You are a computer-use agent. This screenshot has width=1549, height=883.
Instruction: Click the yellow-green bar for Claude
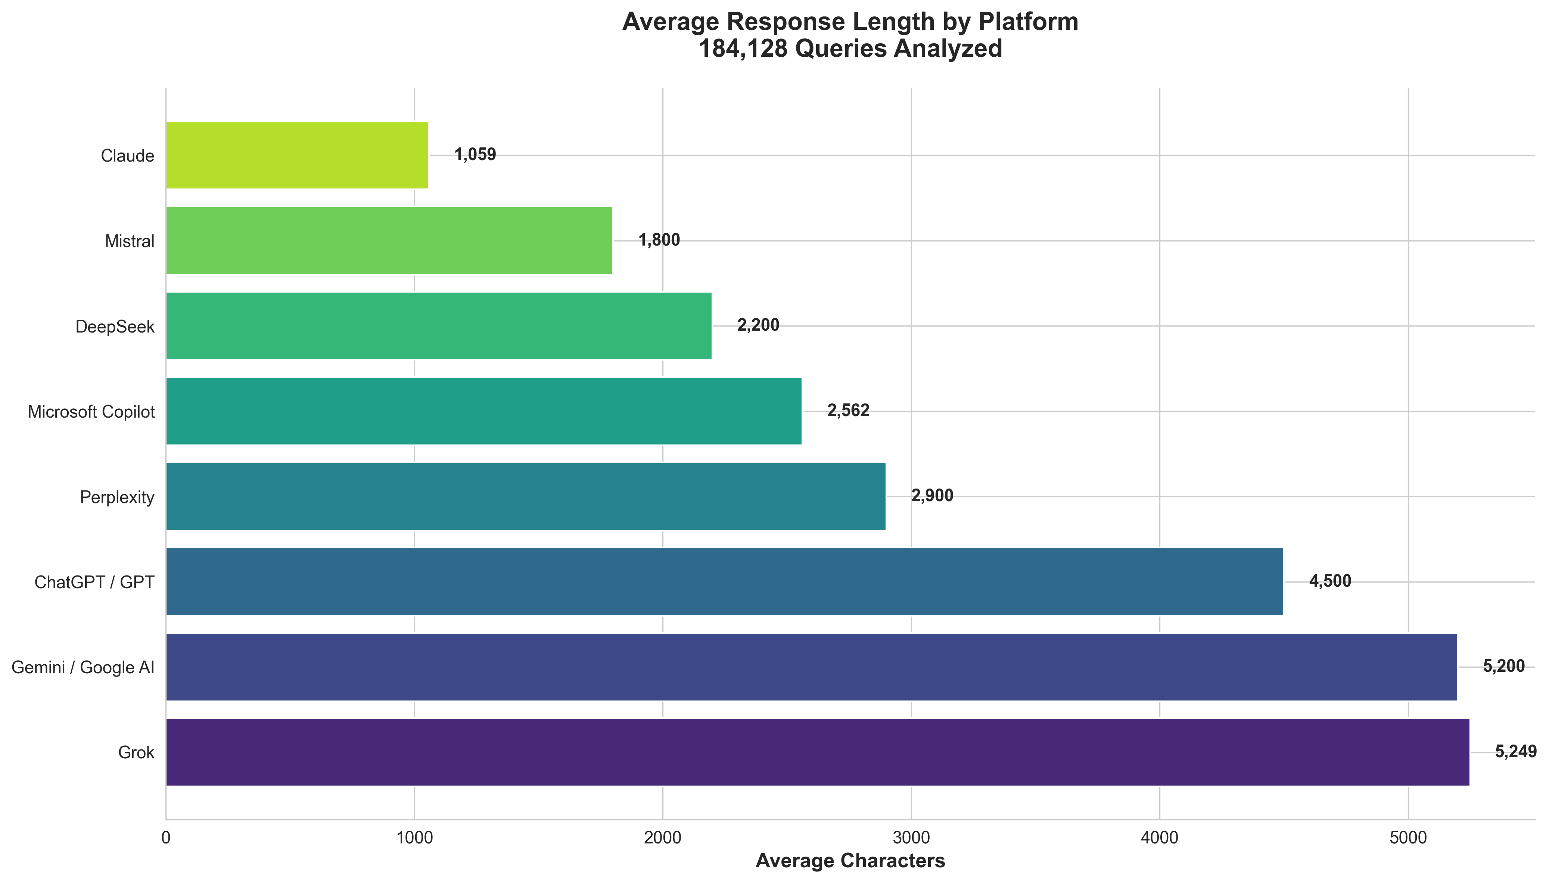pyautogui.click(x=297, y=155)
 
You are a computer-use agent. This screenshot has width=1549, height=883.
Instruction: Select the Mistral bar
pyautogui.click(x=389, y=241)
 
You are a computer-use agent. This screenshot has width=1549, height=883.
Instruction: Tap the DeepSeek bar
pyautogui.click(x=439, y=326)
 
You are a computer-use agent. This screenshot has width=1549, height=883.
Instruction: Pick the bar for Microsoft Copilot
pyautogui.click(x=483, y=411)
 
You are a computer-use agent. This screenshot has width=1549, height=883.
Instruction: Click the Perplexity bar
pyautogui.click(x=525, y=497)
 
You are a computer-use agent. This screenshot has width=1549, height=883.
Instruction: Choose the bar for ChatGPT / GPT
pyautogui.click(x=724, y=581)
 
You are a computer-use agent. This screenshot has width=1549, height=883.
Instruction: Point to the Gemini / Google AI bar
pyautogui.click(x=811, y=667)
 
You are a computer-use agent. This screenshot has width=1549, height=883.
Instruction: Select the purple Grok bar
pyautogui.click(x=817, y=752)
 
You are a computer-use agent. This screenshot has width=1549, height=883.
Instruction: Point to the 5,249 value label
pyautogui.click(x=1515, y=752)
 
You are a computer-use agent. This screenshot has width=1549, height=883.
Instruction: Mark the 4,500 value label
pyautogui.click(x=1330, y=581)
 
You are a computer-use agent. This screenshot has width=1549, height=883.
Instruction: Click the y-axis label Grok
pyautogui.click(x=137, y=753)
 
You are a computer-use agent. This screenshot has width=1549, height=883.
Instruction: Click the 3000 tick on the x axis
pyautogui.click(x=911, y=838)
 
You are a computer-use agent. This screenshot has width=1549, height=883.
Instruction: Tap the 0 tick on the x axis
pyautogui.click(x=165, y=838)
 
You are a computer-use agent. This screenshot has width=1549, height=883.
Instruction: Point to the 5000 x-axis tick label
pyautogui.click(x=1408, y=838)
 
